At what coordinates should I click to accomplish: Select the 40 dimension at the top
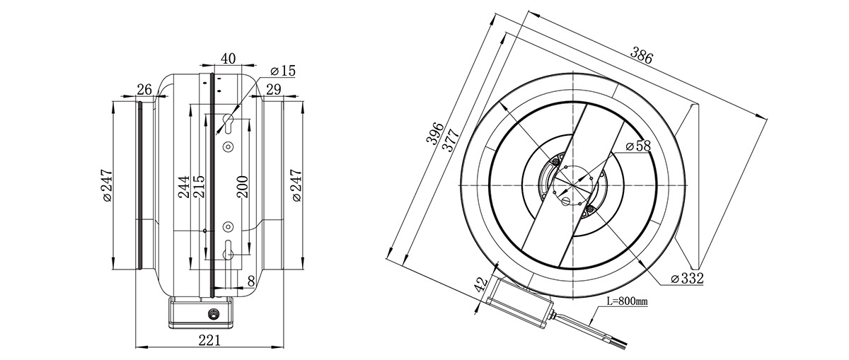pyautogui.click(x=228, y=59)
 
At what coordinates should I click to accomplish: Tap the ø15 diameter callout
pyautogui.click(x=283, y=71)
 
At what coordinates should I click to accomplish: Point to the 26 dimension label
pyautogui.click(x=144, y=90)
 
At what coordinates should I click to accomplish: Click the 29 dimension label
pyautogui.click(x=274, y=90)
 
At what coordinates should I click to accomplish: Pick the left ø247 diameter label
pyautogui.click(x=107, y=185)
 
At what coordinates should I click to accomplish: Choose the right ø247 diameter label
pyautogui.click(x=296, y=185)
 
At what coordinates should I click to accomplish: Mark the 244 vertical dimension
pyautogui.click(x=184, y=187)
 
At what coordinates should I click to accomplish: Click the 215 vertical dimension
pyautogui.click(x=199, y=187)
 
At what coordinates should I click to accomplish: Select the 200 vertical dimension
pyautogui.click(x=242, y=187)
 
